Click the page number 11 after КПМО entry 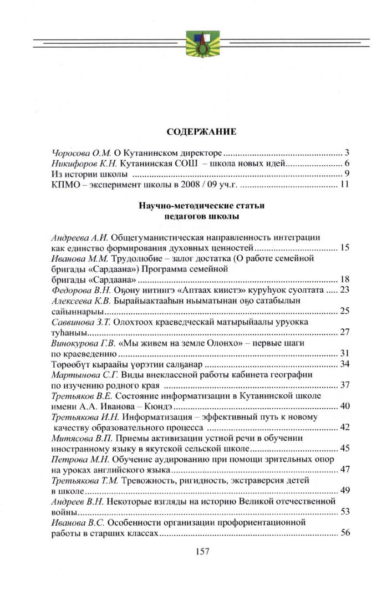pos(343,184)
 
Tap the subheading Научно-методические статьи pos(202,205)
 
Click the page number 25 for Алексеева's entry pos(344,311)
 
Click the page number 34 pos(344,364)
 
